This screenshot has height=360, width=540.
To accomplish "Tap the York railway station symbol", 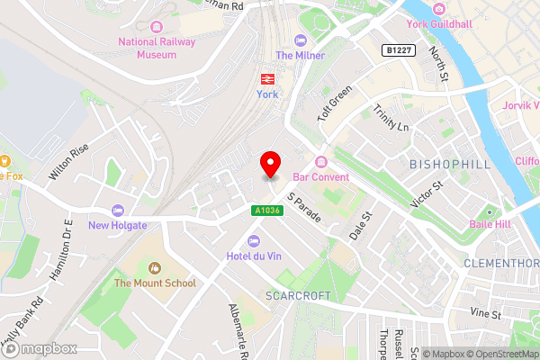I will (267, 78).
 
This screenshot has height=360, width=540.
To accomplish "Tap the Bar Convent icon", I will (320, 161).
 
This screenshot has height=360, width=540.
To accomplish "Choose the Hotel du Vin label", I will (278, 256).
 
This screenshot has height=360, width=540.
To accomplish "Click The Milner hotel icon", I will (299, 39).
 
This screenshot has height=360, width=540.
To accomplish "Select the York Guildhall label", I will (439, 22).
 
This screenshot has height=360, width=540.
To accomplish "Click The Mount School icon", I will (154, 267).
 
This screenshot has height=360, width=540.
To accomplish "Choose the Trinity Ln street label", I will (391, 117).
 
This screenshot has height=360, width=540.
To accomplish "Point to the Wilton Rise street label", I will (69, 160).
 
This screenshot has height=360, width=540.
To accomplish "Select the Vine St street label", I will (484, 313).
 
